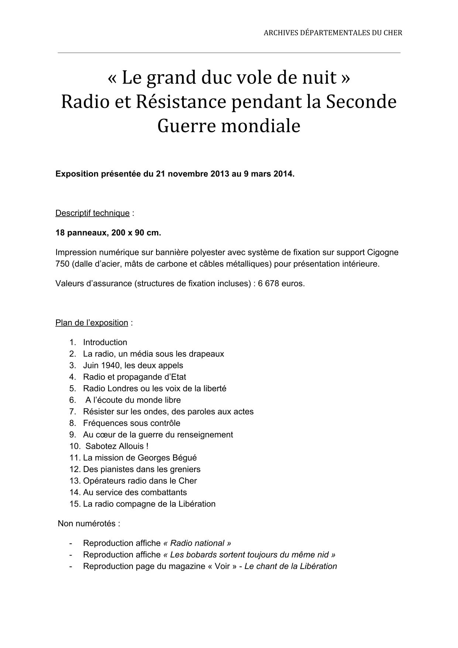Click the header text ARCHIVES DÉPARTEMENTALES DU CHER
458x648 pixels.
coord(333,33)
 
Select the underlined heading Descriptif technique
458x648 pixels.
coord(92,213)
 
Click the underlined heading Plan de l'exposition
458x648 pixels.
coord(92,323)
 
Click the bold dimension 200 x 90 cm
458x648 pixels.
coord(135,233)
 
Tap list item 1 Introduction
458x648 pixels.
coord(105,342)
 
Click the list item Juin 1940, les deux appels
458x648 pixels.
coord(133,365)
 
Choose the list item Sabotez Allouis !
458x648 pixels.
coord(117,446)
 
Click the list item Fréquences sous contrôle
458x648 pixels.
coord(131,423)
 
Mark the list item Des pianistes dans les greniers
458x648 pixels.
coord(142,469)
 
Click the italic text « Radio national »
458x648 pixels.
coord(197,543)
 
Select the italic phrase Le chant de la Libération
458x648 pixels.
coord(290,566)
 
